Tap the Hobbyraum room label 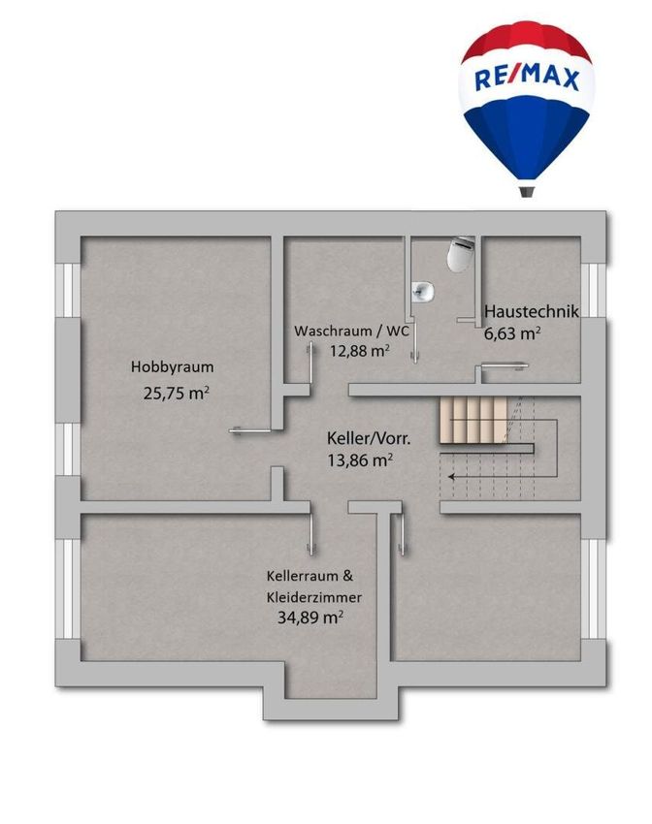tap(173, 366)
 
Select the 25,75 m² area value tap(177, 393)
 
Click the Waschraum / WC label tap(351, 332)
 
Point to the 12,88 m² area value tap(360, 350)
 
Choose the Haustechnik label tap(531, 311)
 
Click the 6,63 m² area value tap(512, 333)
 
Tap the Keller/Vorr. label tap(369, 438)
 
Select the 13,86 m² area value tap(360, 460)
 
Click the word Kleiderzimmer tap(314, 597)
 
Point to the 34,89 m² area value tap(310, 617)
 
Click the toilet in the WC tap(460, 254)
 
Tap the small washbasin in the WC tap(423, 291)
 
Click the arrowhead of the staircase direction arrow tap(451, 477)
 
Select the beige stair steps tap(473, 420)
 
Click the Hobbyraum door tap(250, 431)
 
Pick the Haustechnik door tap(505, 365)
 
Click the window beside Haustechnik tap(593, 290)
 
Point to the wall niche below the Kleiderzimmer tap(331, 681)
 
